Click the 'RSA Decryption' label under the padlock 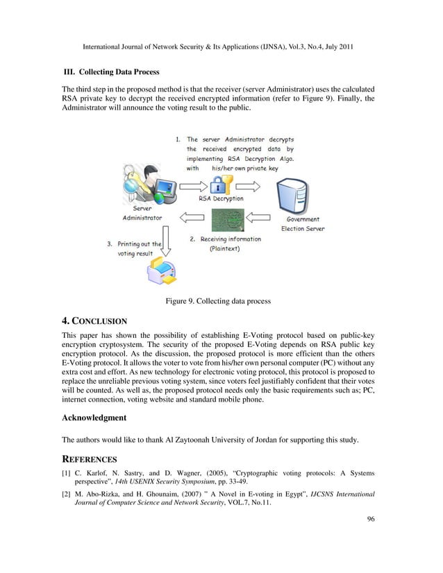pyautogui.click(x=221, y=199)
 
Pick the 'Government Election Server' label pyautogui.click(x=302, y=224)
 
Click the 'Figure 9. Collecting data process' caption pyautogui.click(x=217, y=301)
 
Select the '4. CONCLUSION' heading pyautogui.click(x=94, y=321)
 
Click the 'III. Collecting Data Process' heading pyautogui.click(x=111, y=72)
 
